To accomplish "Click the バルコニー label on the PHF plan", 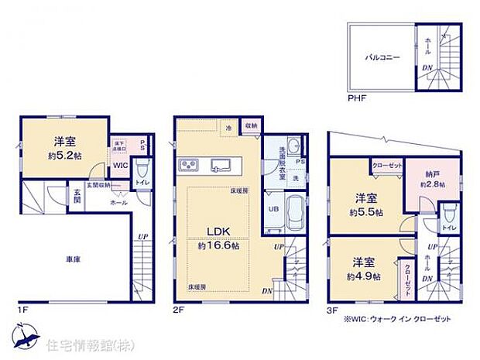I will pos(383,57).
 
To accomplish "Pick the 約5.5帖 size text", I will pos(363,211).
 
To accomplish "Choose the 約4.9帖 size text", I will pos(362,276).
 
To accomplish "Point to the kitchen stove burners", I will pos(189,165).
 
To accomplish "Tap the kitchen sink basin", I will pos(219,164).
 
